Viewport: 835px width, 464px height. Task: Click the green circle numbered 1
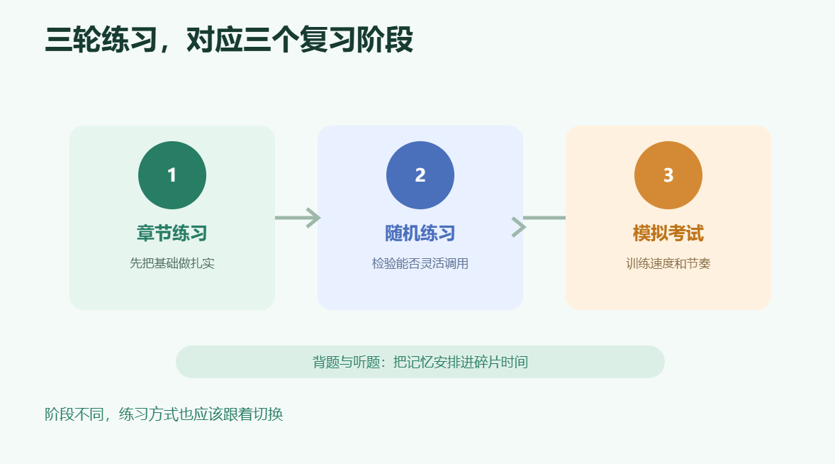click(x=172, y=175)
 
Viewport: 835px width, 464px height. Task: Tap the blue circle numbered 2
click(x=420, y=175)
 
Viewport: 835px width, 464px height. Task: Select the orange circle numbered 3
click(x=668, y=175)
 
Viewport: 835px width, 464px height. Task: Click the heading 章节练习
click(x=172, y=233)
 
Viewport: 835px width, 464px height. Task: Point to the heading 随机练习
click(x=420, y=233)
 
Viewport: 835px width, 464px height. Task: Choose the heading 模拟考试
click(x=668, y=233)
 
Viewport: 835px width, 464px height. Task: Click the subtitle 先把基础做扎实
click(x=172, y=263)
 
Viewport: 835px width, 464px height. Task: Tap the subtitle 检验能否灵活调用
click(x=420, y=263)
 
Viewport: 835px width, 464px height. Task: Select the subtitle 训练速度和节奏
click(x=668, y=263)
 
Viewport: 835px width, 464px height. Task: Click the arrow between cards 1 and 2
click(x=298, y=218)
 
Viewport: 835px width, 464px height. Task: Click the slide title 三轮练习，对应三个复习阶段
click(x=229, y=40)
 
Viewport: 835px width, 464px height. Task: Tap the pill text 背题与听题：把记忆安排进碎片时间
click(x=420, y=363)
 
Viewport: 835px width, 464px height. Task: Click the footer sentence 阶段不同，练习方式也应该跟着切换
click(x=164, y=414)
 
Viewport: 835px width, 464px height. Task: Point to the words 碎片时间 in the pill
click(x=501, y=363)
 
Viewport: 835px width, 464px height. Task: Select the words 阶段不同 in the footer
click(x=74, y=414)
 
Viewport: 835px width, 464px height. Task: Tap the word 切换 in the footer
click(x=269, y=414)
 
